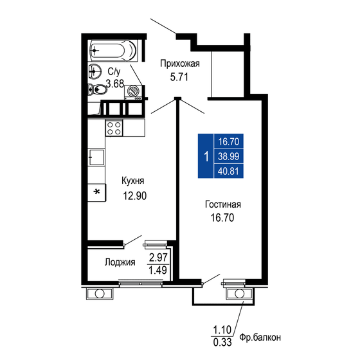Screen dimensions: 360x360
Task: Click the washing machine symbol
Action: coord(134,92)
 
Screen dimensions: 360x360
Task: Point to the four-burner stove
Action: coord(114,127)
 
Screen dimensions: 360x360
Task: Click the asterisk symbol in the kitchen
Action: coord(97,192)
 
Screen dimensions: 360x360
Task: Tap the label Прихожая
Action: coord(180,63)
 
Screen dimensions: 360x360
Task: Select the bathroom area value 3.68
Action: coord(116,83)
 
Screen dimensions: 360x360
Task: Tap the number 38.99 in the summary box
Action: coord(229,156)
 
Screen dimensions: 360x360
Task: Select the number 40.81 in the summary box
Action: coord(229,170)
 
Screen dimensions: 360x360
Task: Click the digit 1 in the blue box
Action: coord(205,156)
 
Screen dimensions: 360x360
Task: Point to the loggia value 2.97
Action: coord(158,257)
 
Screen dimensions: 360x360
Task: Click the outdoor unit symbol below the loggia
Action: coord(100,294)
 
